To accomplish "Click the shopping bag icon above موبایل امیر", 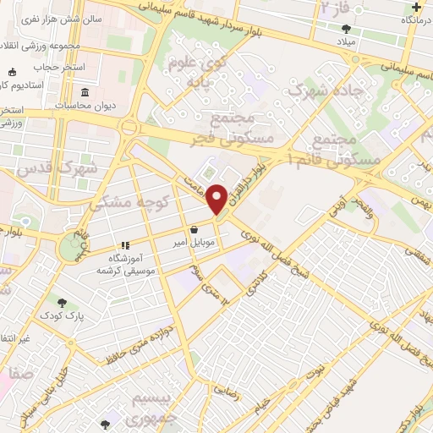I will tap(195, 228).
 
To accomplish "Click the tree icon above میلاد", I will tap(347, 27).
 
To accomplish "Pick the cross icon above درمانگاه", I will tap(417, 6).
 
